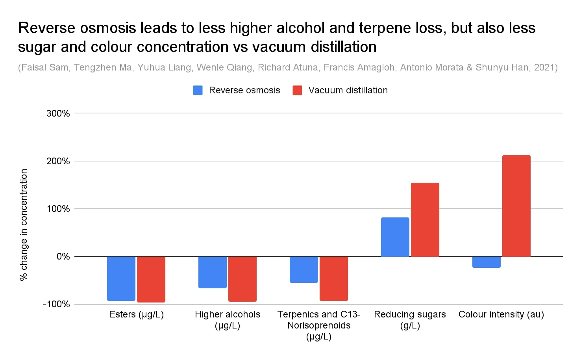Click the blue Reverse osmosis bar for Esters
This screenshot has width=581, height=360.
click(121, 278)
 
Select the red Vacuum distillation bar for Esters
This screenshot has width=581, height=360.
click(151, 279)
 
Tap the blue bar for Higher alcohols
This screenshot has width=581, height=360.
click(213, 272)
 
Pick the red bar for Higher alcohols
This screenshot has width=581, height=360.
click(242, 278)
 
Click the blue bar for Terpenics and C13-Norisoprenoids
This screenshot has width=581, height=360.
click(304, 269)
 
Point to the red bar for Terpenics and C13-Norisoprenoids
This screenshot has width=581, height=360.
click(334, 278)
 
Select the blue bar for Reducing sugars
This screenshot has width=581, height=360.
click(395, 237)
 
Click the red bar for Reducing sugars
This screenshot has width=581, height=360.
click(425, 219)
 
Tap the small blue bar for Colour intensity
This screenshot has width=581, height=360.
click(487, 262)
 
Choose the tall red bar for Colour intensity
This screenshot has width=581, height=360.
click(516, 206)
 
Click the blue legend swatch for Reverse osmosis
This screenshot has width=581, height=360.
click(198, 90)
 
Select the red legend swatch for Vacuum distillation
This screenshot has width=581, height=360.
click(297, 90)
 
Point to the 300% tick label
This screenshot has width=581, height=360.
click(58, 113)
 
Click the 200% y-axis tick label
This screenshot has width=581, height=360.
click(58, 161)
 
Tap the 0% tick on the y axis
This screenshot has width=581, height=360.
click(63, 256)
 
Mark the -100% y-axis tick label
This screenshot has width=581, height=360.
click(56, 304)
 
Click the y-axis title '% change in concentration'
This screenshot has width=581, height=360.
click(24, 225)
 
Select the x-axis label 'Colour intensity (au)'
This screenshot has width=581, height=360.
click(501, 314)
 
